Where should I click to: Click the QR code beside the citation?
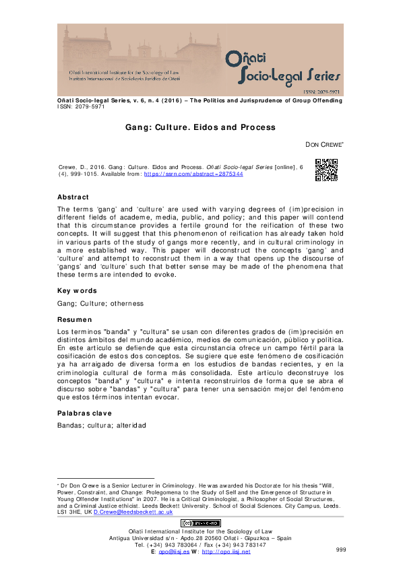pyautogui.click(x=326, y=170)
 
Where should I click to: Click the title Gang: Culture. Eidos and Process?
pyautogui.click(x=200, y=127)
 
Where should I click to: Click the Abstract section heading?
pyautogui.click(x=73, y=197)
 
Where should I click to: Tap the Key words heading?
pyautogui.click(x=77, y=291)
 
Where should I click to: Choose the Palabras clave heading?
pyautogui.click(x=85, y=413)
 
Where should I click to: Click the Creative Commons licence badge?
pyautogui.click(x=199, y=523)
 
